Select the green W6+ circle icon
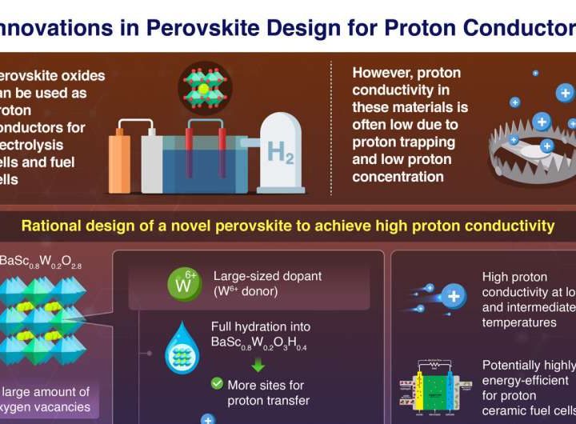pos(182,284)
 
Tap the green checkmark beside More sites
pos(217,385)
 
